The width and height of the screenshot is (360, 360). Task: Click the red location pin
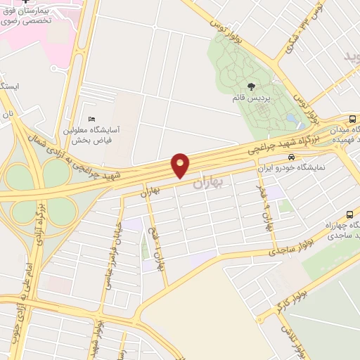181,165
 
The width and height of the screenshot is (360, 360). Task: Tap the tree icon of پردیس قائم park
252,86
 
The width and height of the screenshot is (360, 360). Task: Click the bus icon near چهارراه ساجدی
349,214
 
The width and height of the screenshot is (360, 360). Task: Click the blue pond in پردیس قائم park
290,119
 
